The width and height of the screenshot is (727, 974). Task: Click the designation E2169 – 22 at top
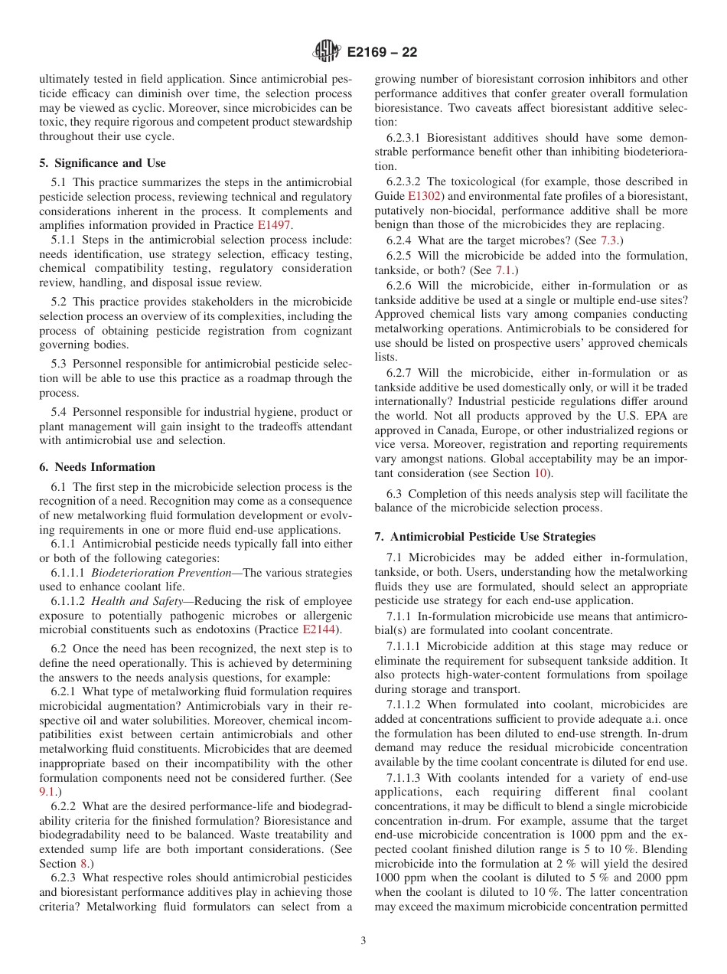[382, 53]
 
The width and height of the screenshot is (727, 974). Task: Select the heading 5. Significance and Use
[102, 163]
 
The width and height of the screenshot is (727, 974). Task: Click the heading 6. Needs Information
[97, 467]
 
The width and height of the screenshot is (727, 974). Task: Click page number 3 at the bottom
[363, 941]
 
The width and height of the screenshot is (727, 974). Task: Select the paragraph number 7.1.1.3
[406, 777]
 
